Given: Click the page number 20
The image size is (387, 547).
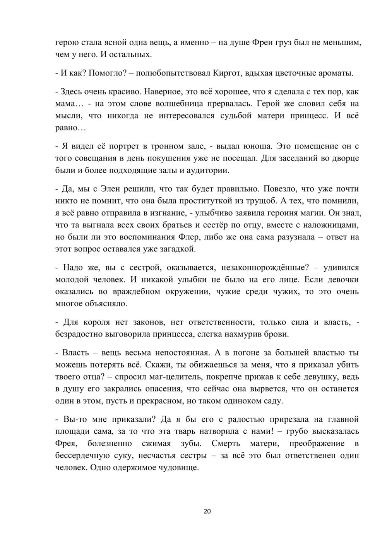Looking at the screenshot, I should pyautogui.click(x=207, y=511).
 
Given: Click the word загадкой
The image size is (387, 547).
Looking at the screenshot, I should pyautogui.click(x=176, y=249).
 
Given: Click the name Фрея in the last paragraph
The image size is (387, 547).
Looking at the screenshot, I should pyautogui.click(x=67, y=443).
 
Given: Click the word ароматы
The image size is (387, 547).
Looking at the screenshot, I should pyautogui.click(x=334, y=73).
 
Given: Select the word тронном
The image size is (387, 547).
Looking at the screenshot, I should pyautogui.click(x=168, y=146).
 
